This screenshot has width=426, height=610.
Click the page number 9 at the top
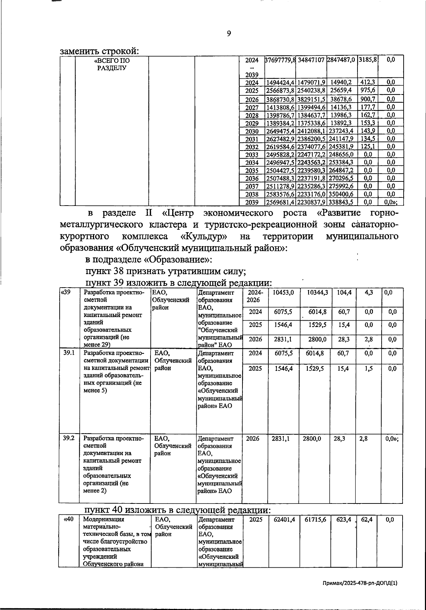[229, 33]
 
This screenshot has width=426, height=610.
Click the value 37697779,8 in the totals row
[280, 60]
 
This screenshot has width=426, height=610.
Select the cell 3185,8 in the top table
[367, 60]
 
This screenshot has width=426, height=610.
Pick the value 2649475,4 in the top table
[280, 131]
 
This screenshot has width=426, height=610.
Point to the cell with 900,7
[367, 99]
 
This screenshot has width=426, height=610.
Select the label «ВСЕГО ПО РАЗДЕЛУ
[112, 64]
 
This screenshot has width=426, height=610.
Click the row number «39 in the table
[65, 293]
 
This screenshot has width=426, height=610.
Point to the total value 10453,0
[283, 293]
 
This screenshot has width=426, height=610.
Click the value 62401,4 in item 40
[284, 519]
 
